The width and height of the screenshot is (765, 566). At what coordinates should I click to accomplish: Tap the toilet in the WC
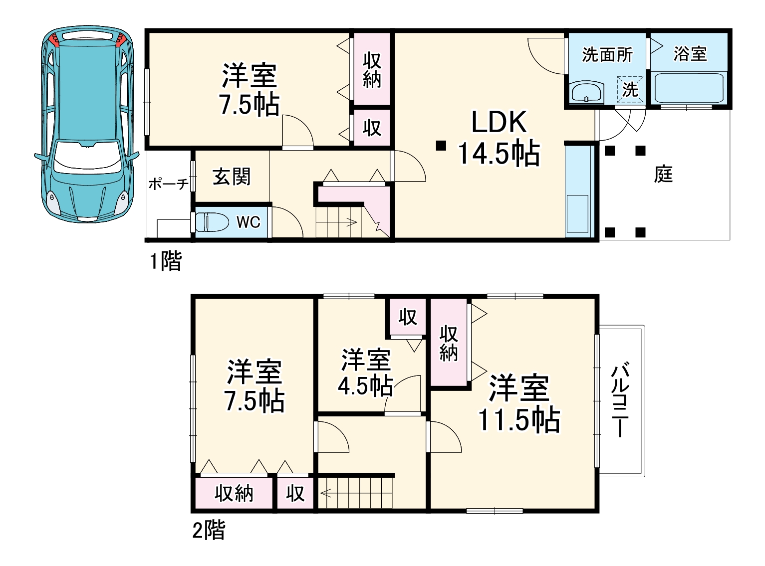click(x=212, y=221)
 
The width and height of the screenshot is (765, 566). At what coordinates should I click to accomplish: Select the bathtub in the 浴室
click(x=689, y=88)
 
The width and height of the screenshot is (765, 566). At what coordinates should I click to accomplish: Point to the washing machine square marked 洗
click(x=630, y=90)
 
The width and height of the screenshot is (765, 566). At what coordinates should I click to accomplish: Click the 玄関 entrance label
click(x=232, y=177)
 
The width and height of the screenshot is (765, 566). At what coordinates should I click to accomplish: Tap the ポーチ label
click(x=168, y=184)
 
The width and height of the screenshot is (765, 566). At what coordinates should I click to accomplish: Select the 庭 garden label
click(x=663, y=174)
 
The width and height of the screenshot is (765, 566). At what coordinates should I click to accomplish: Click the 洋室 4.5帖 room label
click(x=366, y=372)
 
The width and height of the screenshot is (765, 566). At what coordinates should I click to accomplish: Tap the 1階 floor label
click(x=166, y=261)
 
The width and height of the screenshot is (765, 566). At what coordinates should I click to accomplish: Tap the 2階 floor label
click(x=209, y=530)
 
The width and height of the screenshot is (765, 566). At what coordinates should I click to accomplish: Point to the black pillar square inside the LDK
click(x=440, y=146)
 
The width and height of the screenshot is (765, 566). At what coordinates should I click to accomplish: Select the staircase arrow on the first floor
click(x=349, y=222)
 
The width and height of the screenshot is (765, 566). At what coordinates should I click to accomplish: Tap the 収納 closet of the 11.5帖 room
click(x=449, y=343)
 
